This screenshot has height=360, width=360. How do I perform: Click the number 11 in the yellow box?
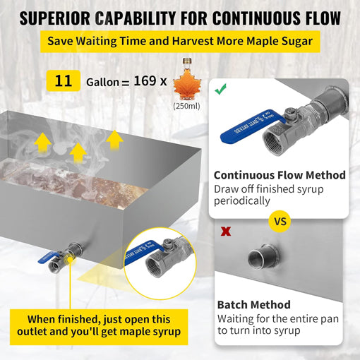(64, 81)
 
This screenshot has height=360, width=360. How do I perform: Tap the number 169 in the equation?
(145, 80)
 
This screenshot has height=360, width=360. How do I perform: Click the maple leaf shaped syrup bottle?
(187, 80)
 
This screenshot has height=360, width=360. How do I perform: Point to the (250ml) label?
(186, 106)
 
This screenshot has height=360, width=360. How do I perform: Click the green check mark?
(221, 90)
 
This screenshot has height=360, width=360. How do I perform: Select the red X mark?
(226, 232)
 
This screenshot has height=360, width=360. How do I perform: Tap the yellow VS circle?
(280, 222)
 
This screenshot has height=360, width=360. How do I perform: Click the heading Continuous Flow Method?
(280, 175)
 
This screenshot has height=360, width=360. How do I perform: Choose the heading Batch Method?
(254, 305)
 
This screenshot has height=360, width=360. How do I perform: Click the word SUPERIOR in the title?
(55, 18)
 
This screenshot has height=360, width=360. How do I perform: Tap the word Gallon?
(102, 83)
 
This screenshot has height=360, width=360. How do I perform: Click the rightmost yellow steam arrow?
(114, 140)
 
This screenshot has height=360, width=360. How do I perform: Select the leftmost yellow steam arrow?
(43, 143)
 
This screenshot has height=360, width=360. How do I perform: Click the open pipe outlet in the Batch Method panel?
(263, 256)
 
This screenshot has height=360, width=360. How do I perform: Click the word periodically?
(242, 201)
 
